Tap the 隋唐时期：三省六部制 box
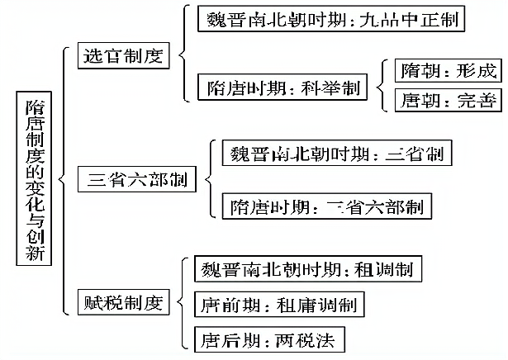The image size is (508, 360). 328,205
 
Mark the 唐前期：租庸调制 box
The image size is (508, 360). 280,305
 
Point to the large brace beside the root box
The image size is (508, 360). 64,179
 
